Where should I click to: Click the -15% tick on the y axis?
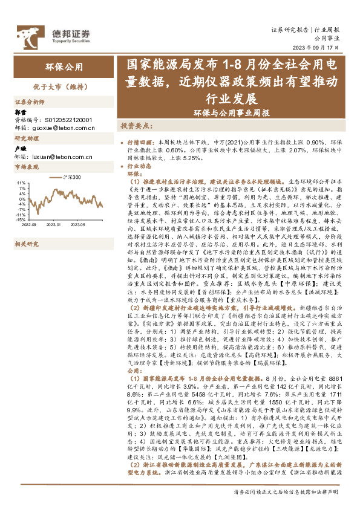[x=21, y=220]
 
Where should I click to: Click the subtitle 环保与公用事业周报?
[x=231, y=112]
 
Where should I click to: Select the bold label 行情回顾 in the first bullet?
[x=143, y=139]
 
